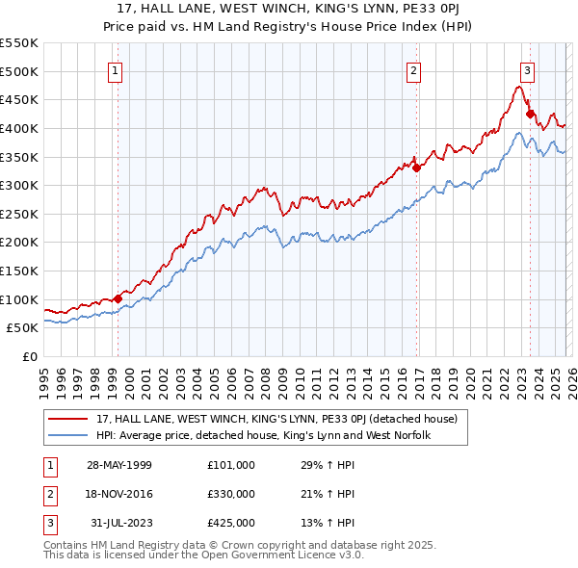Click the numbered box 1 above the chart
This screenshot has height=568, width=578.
pyautogui.click(x=115, y=70)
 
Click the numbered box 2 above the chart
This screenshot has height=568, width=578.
pyautogui.click(x=413, y=70)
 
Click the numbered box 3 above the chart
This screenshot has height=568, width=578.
pyautogui.click(x=527, y=70)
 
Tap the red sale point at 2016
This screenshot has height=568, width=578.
pyautogui.click(x=416, y=168)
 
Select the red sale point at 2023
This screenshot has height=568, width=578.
pyautogui.click(x=530, y=114)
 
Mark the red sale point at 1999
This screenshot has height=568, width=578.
pyautogui.click(x=118, y=298)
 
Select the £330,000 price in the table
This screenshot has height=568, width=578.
pyautogui.click(x=230, y=494)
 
